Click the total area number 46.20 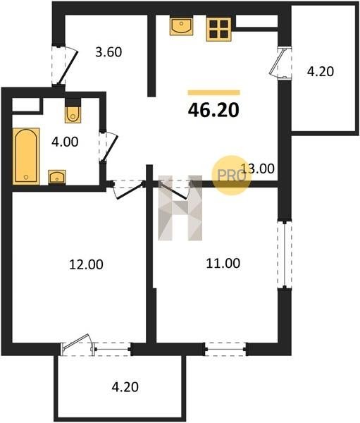click(x=213, y=111)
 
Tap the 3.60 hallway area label click(x=108, y=52)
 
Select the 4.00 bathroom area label click(x=65, y=142)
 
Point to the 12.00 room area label click(x=86, y=264)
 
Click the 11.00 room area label click(x=223, y=263)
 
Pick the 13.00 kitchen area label click(x=258, y=169)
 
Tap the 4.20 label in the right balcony click(x=321, y=71)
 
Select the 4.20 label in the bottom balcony click(x=125, y=387)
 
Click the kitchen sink click(x=181, y=27)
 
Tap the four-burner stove click(x=219, y=30)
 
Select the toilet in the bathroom click(x=73, y=113)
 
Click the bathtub click(x=26, y=157)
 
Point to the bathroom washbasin click(x=57, y=177)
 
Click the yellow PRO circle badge click(x=231, y=176)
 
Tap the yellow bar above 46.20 click(x=214, y=93)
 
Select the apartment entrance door click(x=64, y=66)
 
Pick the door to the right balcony click(x=280, y=63)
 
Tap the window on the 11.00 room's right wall click(x=285, y=255)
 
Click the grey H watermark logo click(x=180, y=208)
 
